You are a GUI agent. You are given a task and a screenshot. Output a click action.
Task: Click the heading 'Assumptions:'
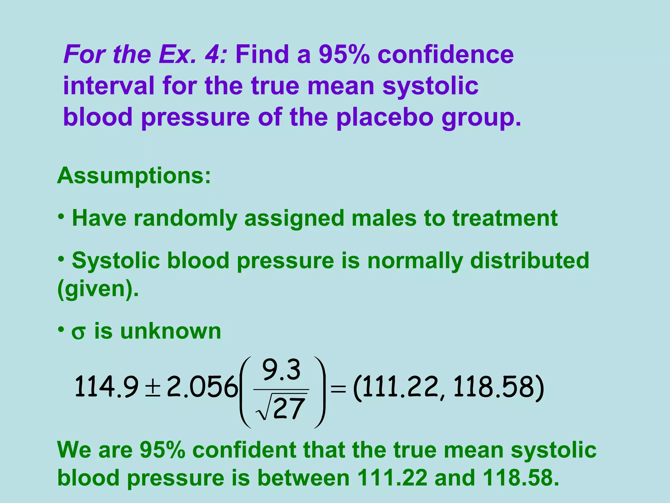[x=134, y=176]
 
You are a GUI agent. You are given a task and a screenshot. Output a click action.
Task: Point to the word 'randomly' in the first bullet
[x=185, y=218]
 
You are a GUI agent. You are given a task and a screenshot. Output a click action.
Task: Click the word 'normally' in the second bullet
[x=415, y=261]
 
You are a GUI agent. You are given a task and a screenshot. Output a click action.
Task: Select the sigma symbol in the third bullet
[x=79, y=333]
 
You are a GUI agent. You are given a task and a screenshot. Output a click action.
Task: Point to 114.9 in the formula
[x=106, y=387]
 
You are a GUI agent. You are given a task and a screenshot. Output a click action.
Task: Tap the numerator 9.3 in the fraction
[x=281, y=370]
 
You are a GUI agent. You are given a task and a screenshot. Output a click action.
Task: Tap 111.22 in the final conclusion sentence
[x=392, y=478]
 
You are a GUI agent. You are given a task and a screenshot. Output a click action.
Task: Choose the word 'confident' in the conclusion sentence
[x=244, y=450]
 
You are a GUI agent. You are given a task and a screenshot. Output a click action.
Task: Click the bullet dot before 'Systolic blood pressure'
[x=61, y=258]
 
